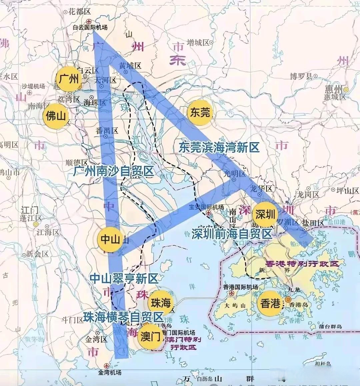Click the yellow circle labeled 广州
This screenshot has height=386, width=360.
click(x=68, y=79)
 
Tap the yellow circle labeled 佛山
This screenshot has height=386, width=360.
click(x=56, y=116)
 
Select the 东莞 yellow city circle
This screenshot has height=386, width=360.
click(x=200, y=113)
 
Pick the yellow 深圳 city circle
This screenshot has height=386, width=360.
click(x=265, y=214)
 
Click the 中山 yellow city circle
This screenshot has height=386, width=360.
click(x=110, y=239)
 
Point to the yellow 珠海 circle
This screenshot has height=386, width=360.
click(x=161, y=303)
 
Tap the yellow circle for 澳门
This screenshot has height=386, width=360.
click(x=151, y=337)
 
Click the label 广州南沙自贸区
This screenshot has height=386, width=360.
click(x=114, y=171)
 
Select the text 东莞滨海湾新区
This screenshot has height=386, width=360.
click(x=219, y=147)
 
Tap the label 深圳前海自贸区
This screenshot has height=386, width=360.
click(x=232, y=233)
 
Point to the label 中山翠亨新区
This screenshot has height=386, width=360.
click(x=124, y=278)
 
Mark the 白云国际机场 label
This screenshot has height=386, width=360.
click(x=90, y=28)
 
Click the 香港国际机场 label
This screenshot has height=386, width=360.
click(x=240, y=287)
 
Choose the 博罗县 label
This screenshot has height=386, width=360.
click(x=301, y=76)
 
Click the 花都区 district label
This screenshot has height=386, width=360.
click(x=79, y=12)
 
